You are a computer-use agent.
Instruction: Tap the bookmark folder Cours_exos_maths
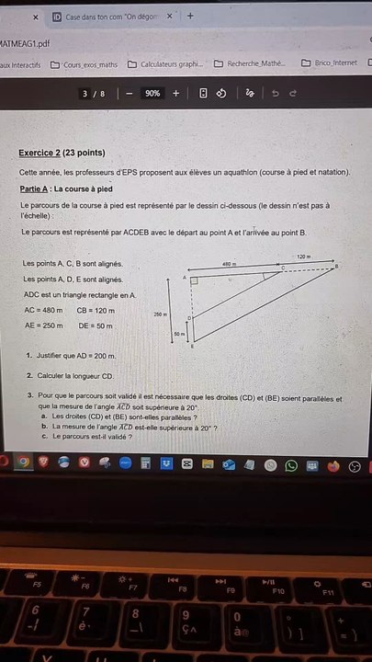tap(85, 64)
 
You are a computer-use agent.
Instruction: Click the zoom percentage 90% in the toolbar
tap(152, 94)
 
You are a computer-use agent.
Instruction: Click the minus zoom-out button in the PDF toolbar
tap(130, 94)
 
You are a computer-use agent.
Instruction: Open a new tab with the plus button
tap(190, 16)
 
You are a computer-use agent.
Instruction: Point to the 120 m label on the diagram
tap(303, 257)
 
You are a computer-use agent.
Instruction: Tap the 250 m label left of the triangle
tap(160, 314)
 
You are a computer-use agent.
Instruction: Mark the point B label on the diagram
tap(336, 267)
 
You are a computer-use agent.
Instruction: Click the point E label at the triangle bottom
tap(193, 347)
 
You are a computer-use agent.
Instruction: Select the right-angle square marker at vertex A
tap(195, 280)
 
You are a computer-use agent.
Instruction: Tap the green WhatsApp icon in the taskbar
tap(292, 465)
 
